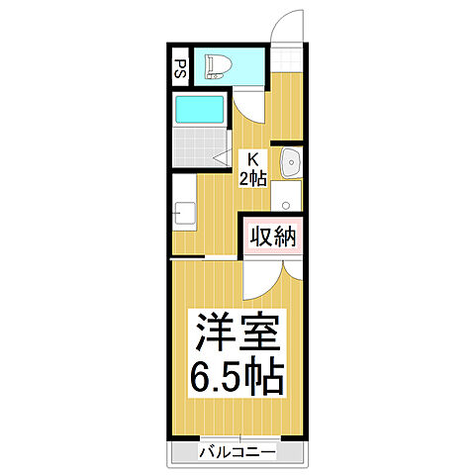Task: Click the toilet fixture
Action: pos(217,66)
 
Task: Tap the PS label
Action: pos(180,69)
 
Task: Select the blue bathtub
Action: pos(202,108)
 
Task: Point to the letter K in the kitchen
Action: pos(251,156)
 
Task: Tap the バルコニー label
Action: pos(237,452)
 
